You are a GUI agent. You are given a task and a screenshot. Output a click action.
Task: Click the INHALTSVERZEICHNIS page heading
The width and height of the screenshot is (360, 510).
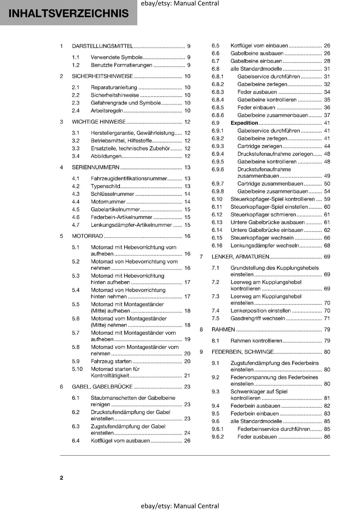tap(68, 13)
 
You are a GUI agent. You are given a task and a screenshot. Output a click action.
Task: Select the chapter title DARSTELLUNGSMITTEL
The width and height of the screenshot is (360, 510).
tap(102, 46)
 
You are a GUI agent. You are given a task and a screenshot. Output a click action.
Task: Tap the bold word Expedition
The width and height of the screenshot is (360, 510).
tap(244, 123)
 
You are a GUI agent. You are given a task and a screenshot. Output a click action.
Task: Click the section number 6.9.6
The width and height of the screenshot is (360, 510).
tap(218, 170)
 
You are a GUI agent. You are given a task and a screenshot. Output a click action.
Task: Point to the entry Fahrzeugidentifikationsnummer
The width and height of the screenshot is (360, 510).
tap(129, 178)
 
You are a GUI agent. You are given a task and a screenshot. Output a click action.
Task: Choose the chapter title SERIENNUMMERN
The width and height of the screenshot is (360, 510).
tap(96, 167)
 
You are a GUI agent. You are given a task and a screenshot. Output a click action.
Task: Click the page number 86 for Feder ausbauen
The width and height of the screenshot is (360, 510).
tap(327, 437)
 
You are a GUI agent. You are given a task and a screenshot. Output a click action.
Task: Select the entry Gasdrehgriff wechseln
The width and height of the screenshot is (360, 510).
tap(258, 318)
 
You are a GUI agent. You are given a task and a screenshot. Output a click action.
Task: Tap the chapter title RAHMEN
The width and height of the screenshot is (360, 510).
tap(223, 330)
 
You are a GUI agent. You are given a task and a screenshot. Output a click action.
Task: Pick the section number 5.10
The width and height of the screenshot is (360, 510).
tap(77, 369)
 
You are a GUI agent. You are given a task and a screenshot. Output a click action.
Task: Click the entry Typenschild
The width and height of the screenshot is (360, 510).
tap(105, 186)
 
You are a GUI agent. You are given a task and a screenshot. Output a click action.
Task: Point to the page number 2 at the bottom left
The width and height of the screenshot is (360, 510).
tap(61, 478)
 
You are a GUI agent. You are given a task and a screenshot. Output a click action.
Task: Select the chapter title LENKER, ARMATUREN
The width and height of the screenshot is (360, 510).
tap(241, 257)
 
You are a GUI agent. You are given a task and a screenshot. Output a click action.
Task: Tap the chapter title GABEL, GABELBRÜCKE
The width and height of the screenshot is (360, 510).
tap(102, 387)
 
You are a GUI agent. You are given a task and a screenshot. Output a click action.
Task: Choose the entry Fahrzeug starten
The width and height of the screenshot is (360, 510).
tap(111, 361)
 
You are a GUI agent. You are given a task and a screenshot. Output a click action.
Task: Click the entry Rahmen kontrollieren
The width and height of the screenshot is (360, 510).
tap(256, 341)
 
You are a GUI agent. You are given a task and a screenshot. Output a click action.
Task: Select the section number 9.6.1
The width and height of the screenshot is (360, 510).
tap(218, 429)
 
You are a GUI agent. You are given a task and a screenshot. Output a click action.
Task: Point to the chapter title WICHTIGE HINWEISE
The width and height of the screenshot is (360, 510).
tap(99, 122)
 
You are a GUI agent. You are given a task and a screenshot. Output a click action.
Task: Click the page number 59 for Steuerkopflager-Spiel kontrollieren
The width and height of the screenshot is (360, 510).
tap(327, 199)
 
